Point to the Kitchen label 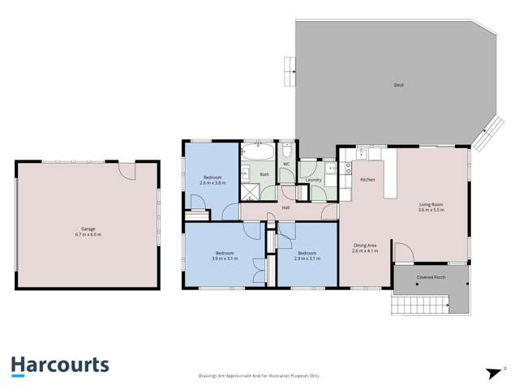tap(367, 179)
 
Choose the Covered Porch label tap(430, 277)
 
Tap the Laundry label tap(313, 179)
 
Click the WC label tap(286, 165)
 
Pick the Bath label tap(264, 174)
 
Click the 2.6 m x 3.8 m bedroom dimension tap(212, 183)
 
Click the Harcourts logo tap(60, 365)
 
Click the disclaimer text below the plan tap(259, 375)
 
